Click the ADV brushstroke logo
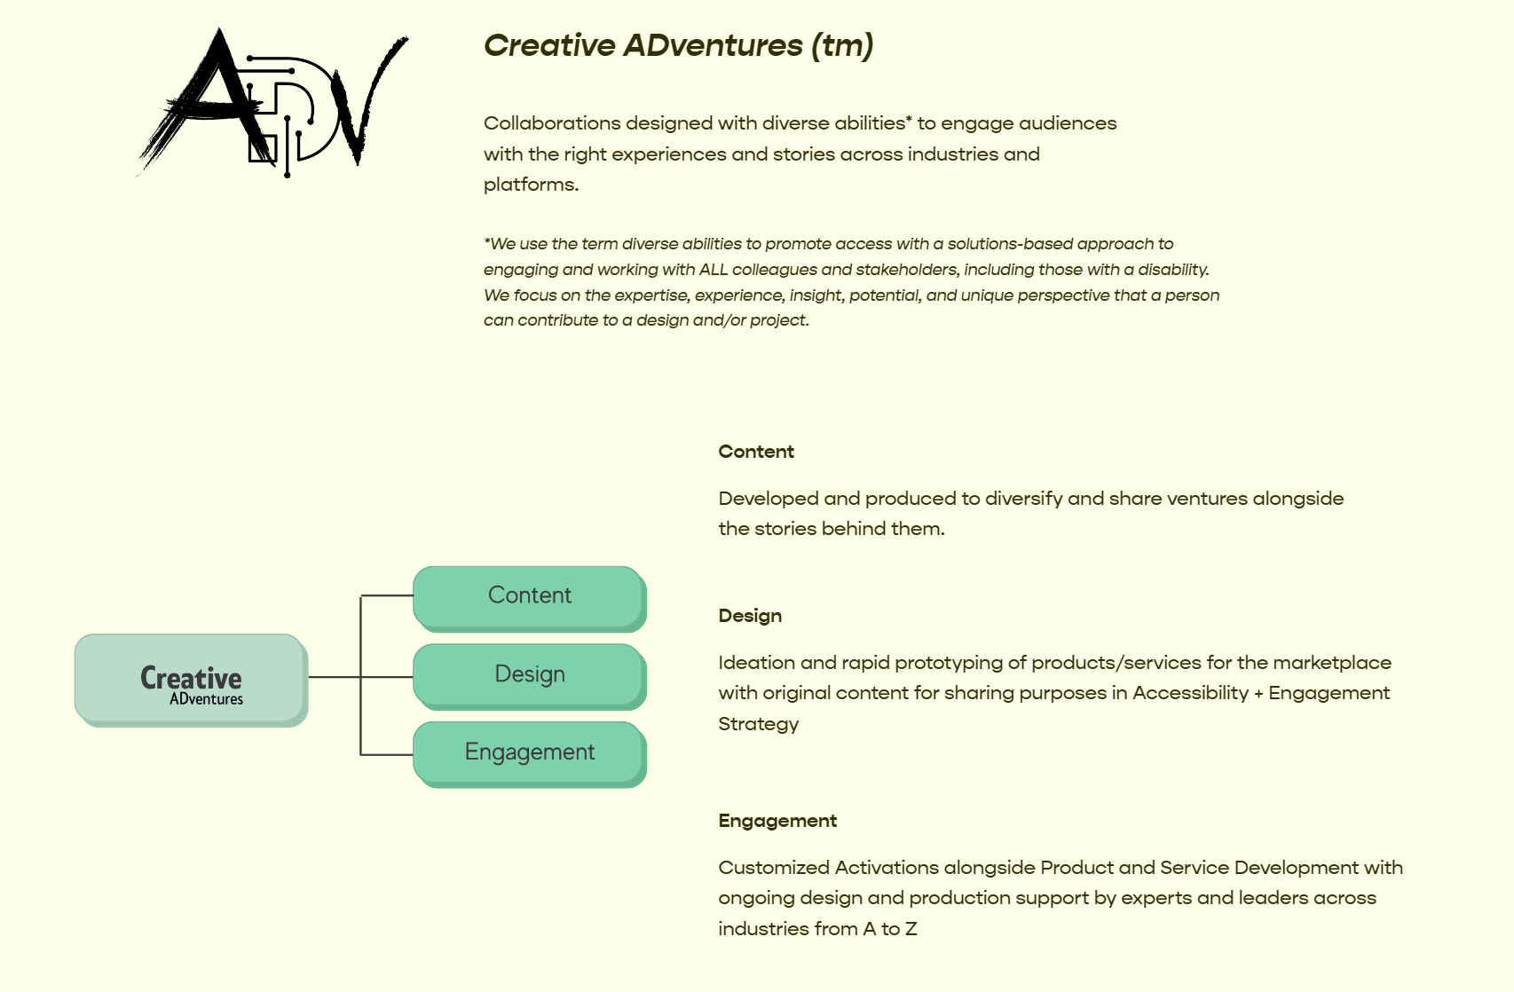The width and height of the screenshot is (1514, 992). point(271,102)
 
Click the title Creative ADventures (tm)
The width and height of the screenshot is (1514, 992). point(678,45)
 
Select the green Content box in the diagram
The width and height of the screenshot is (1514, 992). point(529,595)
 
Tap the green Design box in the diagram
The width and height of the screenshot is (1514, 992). point(529,674)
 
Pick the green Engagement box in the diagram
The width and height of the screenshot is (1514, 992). point(529,752)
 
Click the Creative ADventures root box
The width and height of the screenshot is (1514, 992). point(191,680)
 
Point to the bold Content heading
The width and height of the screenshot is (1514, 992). point(755,452)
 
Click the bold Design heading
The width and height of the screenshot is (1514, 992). point(750,616)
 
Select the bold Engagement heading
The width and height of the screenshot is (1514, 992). point(777,821)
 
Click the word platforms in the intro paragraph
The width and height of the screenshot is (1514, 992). point(530,185)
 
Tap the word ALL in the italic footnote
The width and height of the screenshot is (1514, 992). point(714,270)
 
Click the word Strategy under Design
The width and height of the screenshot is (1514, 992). point(758,724)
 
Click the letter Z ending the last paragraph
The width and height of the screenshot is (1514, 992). point(911,929)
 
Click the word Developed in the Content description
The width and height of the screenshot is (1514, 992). point(768,499)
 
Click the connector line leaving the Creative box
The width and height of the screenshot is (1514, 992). point(334,677)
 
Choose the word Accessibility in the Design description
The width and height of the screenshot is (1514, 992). point(1190,693)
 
